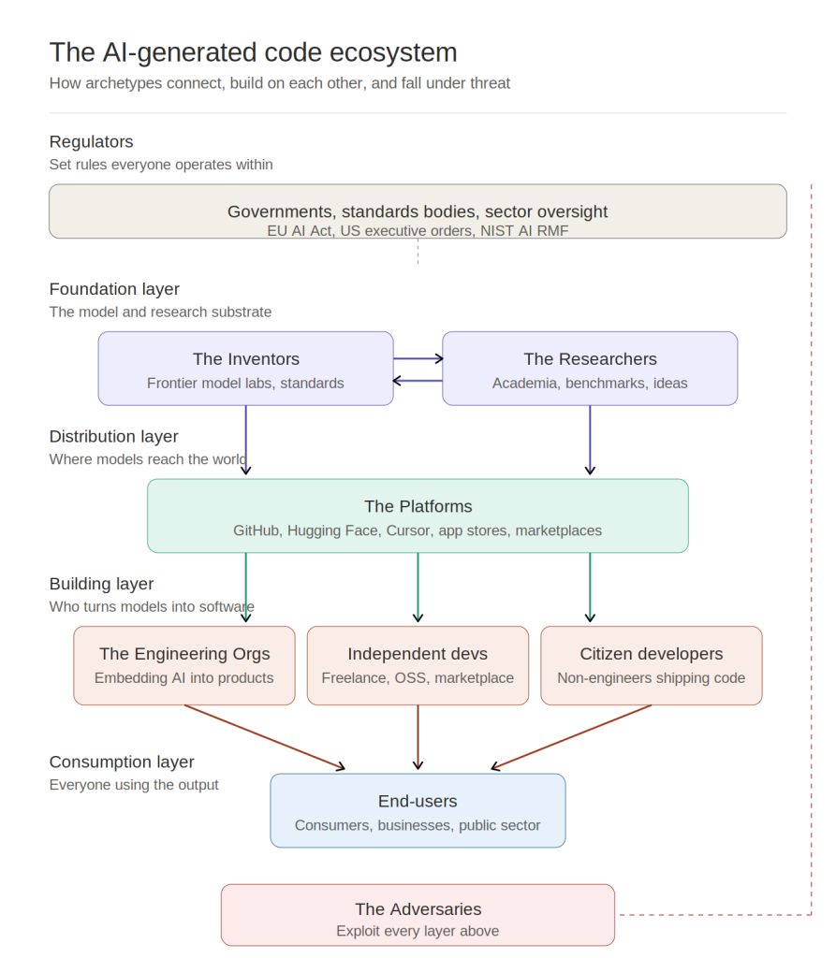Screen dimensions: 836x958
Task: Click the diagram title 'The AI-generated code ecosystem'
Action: point(253,52)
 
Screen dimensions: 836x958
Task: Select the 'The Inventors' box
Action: point(246,369)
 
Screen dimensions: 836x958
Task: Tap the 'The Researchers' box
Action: point(590,369)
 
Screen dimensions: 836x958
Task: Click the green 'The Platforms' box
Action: point(418,515)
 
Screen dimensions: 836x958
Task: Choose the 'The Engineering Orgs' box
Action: point(184,665)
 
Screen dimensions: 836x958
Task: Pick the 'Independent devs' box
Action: point(418,665)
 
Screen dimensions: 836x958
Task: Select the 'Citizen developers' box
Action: point(652,665)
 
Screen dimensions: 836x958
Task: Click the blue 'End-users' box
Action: point(418,810)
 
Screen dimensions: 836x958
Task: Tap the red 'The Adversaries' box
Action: point(418,915)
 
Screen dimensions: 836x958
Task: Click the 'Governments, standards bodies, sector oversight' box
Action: point(418,211)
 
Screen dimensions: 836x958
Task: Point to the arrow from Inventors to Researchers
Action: point(418,358)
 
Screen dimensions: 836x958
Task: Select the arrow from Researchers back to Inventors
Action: point(418,381)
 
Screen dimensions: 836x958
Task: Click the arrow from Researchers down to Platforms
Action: point(590,440)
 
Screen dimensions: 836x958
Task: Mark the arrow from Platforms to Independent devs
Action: point(418,588)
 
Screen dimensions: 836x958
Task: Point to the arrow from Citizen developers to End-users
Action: point(571,737)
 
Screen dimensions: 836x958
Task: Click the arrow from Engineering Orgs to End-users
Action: point(265,737)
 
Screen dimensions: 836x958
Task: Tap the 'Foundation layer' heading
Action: point(114,289)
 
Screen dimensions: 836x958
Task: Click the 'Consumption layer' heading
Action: point(122,762)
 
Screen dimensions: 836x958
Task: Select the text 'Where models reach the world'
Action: point(148,459)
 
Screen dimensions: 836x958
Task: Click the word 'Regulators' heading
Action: point(91,142)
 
